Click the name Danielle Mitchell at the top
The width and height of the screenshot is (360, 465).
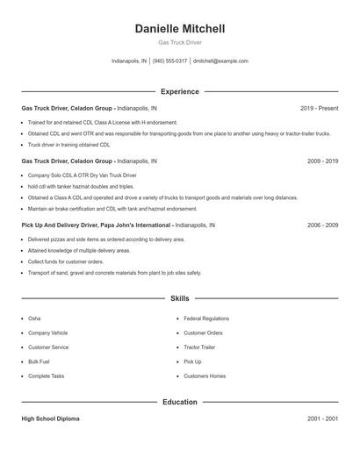pyautogui.click(x=179, y=29)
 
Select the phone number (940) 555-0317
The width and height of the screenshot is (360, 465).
pyautogui.click(x=169, y=61)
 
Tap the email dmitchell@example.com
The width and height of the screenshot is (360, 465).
pyautogui.click(x=220, y=61)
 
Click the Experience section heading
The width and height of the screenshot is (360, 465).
pyautogui.click(x=179, y=91)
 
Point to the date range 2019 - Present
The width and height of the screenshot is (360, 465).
pyautogui.click(x=319, y=108)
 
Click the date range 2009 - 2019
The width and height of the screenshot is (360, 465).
pyautogui.click(x=322, y=161)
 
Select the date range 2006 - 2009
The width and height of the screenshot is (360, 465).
pyautogui.click(x=322, y=225)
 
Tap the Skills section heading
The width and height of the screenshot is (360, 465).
pyautogui.click(x=179, y=298)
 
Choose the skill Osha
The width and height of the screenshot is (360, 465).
pyautogui.click(x=34, y=318)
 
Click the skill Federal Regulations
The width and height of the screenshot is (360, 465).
pyautogui.click(x=206, y=318)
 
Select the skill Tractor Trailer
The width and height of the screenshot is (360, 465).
pyautogui.click(x=199, y=347)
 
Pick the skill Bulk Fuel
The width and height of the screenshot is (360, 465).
pyautogui.click(x=39, y=361)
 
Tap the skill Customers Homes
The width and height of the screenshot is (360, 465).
pyautogui.click(x=205, y=376)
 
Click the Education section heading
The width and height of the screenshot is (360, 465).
pyautogui.click(x=179, y=402)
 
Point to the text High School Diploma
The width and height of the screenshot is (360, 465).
pyautogui.click(x=50, y=418)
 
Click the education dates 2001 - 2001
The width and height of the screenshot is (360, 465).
pyautogui.click(x=322, y=418)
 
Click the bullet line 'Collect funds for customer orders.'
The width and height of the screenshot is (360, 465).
pyautogui.click(x=66, y=261)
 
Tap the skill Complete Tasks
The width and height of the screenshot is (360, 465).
pyautogui.click(x=46, y=376)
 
